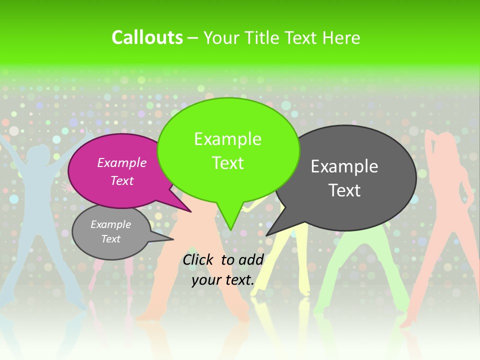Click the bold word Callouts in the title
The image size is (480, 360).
click(x=147, y=37)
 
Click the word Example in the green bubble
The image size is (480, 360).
click(x=227, y=139)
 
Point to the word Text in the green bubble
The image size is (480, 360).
click(x=227, y=163)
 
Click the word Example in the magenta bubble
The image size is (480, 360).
click(x=122, y=162)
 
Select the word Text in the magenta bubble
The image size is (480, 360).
click(x=122, y=180)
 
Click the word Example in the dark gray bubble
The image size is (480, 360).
click(x=344, y=166)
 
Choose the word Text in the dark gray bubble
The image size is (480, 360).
click(x=344, y=190)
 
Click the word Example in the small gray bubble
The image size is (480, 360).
click(x=111, y=224)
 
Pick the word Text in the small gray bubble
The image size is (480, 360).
click(x=111, y=239)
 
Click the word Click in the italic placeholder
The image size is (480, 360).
click(x=199, y=259)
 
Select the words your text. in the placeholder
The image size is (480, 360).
click(x=223, y=280)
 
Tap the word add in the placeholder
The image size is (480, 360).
click(x=250, y=259)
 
